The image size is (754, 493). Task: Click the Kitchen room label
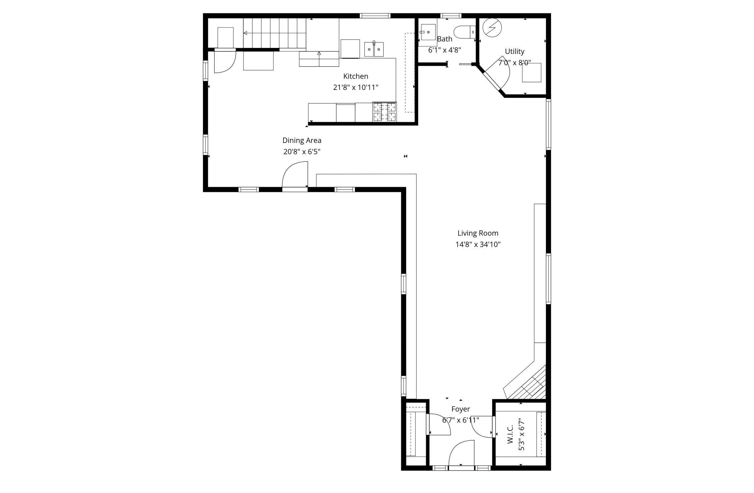pyautogui.click(x=356, y=76)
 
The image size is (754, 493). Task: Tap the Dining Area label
pyautogui.click(x=302, y=140)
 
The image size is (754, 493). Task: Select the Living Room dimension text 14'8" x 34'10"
pyautogui.click(x=478, y=245)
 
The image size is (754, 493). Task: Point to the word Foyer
pyautogui.click(x=460, y=409)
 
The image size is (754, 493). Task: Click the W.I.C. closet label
pyautogui.click(x=510, y=434)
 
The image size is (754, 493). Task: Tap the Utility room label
pyautogui.click(x=514, y=52)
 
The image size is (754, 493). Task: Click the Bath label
pyautogui.click(x=444, y=39)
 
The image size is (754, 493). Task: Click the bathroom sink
pyautogui.click(x=428, y=32)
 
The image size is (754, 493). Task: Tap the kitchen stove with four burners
pyautogui.click(x=384, y=112)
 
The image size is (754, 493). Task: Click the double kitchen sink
pyautogui.click(x=374, y=49)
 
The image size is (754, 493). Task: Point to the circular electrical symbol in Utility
pyautogui.click(x=492, y=28)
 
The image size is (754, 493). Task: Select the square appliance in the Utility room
pyautogui.click(x=531, y=73)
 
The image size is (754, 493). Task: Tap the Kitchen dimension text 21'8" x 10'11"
pyautogui.click(x=356, y=87)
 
